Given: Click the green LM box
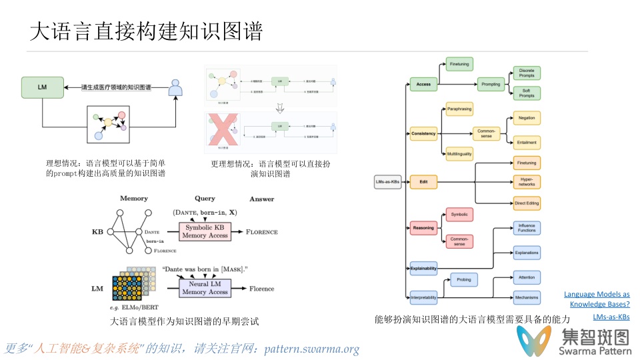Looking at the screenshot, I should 43,87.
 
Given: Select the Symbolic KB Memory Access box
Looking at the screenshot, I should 207,231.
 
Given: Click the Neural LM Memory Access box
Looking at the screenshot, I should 205,288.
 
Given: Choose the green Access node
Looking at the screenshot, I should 423,85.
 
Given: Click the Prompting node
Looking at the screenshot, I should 491,85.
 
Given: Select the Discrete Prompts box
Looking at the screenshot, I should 527,73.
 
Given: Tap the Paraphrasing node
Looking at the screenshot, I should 459,108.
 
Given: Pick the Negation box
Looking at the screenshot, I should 527,118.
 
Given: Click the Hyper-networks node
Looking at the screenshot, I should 527,181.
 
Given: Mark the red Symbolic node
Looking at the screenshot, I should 459,215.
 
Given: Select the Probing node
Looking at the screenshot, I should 464,281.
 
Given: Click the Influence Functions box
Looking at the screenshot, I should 527,228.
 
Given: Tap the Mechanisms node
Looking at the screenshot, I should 527,297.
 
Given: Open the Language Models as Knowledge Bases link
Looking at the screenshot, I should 597,299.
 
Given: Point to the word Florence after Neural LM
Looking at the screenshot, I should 262,289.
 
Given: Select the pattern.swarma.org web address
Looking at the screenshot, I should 311,349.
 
